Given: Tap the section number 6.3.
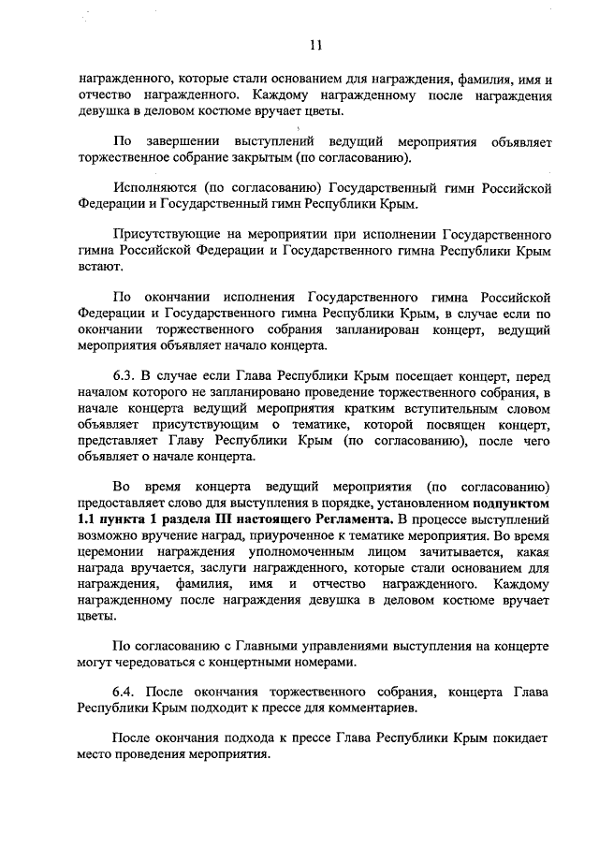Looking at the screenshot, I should [124, 375].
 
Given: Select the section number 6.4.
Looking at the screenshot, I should [124, 692].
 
